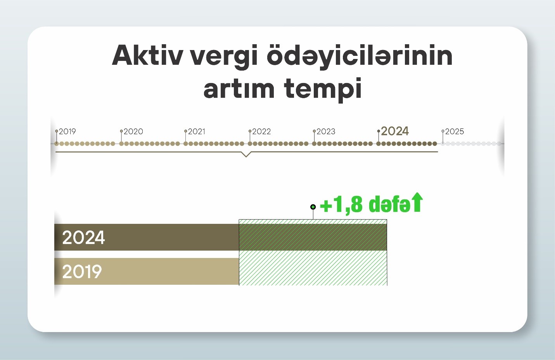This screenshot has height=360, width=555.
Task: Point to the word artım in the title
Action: click(239, 88)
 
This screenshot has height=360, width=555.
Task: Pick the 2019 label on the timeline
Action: click(67, 131)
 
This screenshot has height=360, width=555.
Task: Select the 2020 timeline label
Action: click(133, 131)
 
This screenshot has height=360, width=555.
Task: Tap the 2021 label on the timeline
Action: click(197, 131)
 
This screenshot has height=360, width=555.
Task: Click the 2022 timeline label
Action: click(261, 131)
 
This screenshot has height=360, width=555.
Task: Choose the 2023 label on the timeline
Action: click(326, 131)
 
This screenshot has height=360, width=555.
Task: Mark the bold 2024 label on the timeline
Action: click(395, 131)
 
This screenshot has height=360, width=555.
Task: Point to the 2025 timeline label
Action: click(455, 131)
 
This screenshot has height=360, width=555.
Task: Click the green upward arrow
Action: click(418, 202)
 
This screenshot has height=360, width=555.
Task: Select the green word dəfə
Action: click(390, 204)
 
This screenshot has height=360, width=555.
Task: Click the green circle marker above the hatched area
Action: click(313, 207)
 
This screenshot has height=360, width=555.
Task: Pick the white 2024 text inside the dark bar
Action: click(83, 237)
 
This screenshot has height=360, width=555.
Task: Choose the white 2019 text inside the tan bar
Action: click(82, 272)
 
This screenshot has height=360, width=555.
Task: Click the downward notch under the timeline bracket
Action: click(246, 154)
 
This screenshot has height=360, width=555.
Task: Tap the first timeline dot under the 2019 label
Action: click(57, 144)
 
